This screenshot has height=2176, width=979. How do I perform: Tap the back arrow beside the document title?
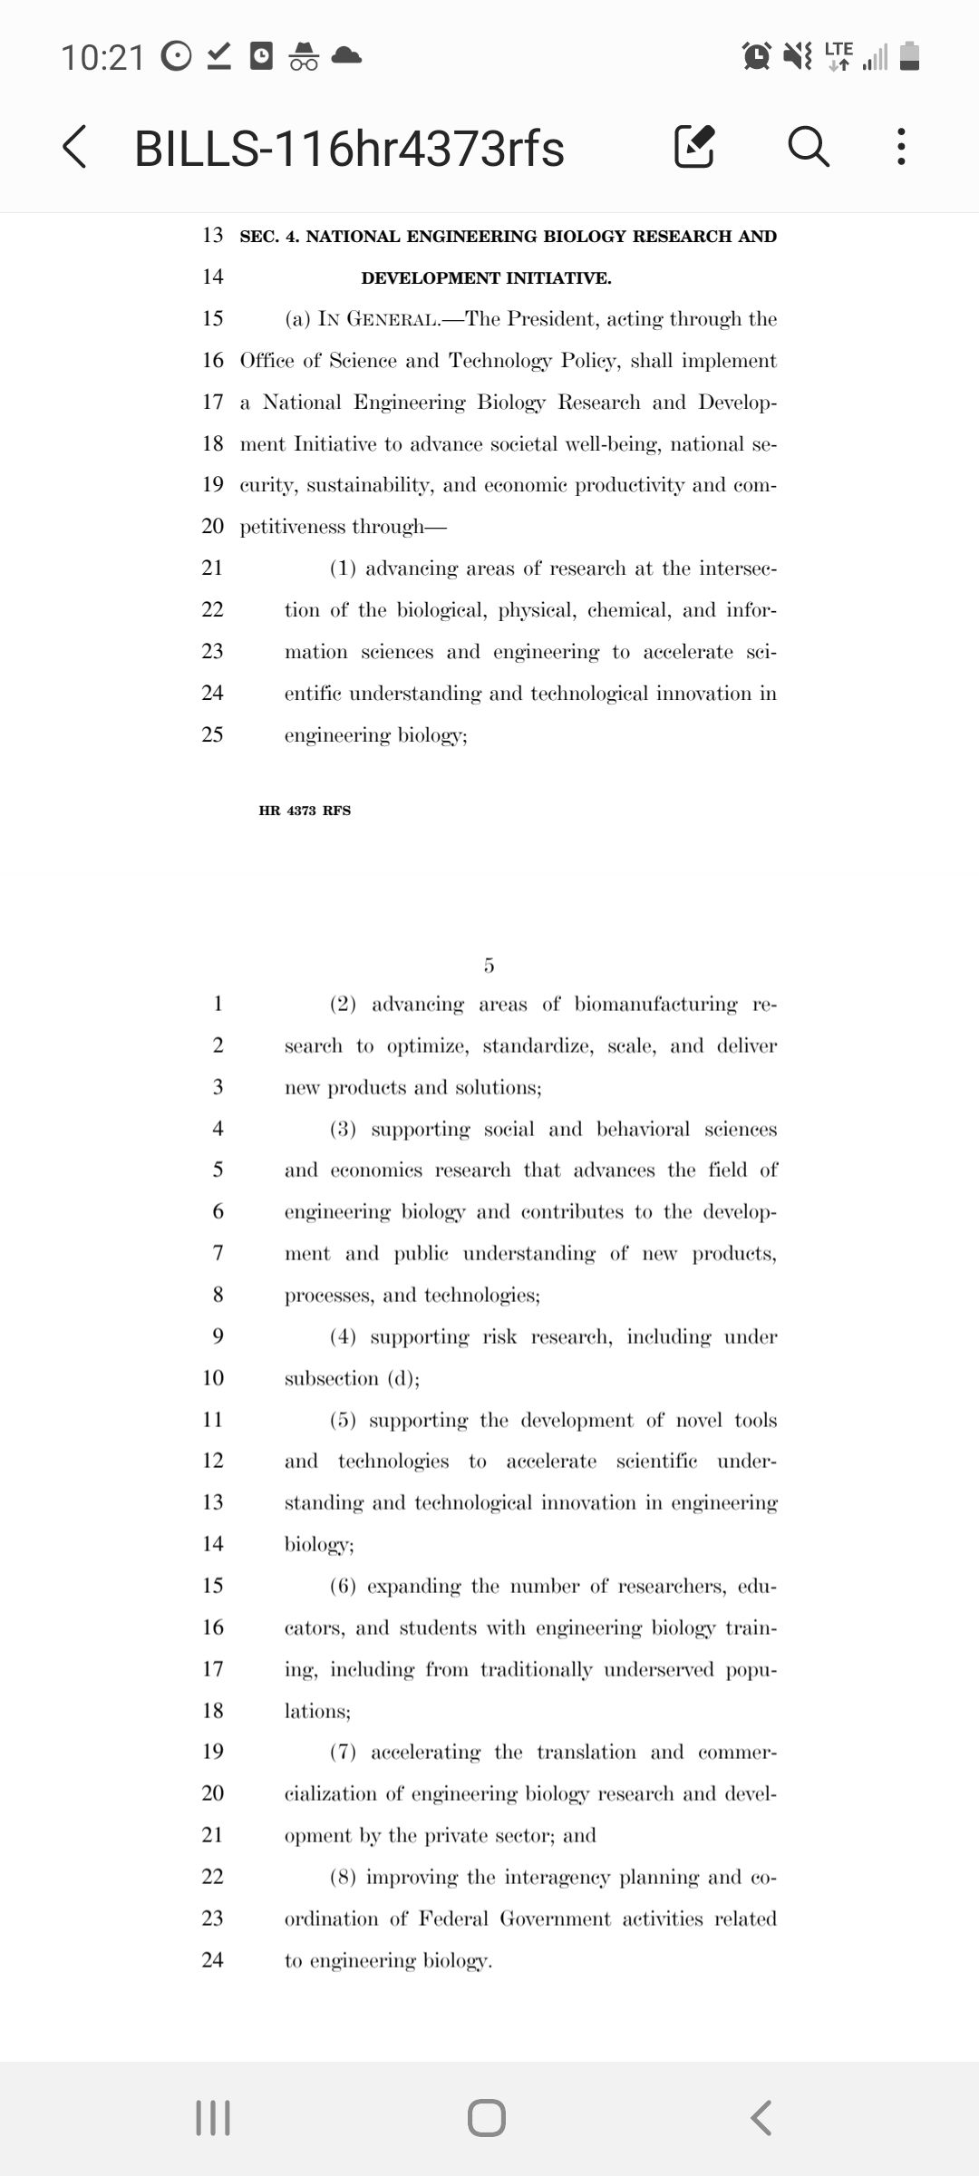tap(75, 148)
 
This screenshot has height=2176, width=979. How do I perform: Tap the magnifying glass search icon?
tap(808, 148)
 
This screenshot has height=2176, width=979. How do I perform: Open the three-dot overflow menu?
tap(900, 148)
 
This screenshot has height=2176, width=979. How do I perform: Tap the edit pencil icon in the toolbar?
tap(694, 148)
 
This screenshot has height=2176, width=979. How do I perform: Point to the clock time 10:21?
tap(102, 57)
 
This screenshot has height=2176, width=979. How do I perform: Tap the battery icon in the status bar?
tap(912, 56)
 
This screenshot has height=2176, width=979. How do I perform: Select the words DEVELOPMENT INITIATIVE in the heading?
tap(486, 278)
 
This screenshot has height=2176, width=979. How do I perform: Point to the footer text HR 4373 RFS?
tap(305, 811)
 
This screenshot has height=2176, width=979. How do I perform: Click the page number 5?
tap(489, 966)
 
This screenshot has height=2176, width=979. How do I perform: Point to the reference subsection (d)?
tap(352, 1379)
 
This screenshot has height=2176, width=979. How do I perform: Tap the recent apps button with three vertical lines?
tap(214, 2118)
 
